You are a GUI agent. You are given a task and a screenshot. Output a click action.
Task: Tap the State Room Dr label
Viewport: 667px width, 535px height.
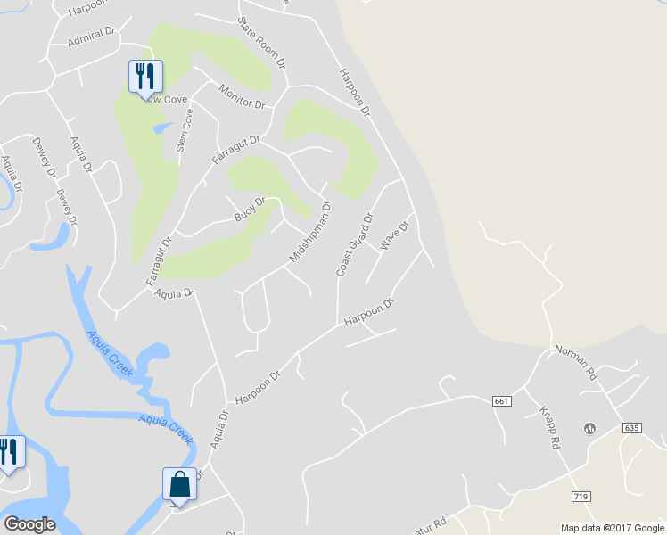coord(261,43)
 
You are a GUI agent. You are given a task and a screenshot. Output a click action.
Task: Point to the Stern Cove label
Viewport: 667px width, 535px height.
coord(185,130)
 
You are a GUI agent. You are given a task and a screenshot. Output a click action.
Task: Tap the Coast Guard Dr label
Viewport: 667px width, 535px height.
coord(355,243)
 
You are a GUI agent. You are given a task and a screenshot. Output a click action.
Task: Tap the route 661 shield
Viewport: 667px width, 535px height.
coord(501,402)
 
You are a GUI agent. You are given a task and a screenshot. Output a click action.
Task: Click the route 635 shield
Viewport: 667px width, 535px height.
coord(631,428)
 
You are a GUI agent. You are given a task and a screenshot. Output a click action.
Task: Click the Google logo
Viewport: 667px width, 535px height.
coord(29,524)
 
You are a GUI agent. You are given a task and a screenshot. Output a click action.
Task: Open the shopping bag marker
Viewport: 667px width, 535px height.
coord(179,486)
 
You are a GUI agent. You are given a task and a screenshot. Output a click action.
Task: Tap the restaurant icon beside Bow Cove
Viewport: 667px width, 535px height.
coord(145,77)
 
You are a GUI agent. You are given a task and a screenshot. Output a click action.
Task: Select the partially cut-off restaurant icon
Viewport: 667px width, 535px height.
coord(9,452)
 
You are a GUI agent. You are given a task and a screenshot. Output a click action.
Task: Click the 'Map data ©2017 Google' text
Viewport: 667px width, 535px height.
coord(612,528)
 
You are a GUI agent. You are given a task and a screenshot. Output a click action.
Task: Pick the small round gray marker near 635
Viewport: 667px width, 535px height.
coord(589,429)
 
